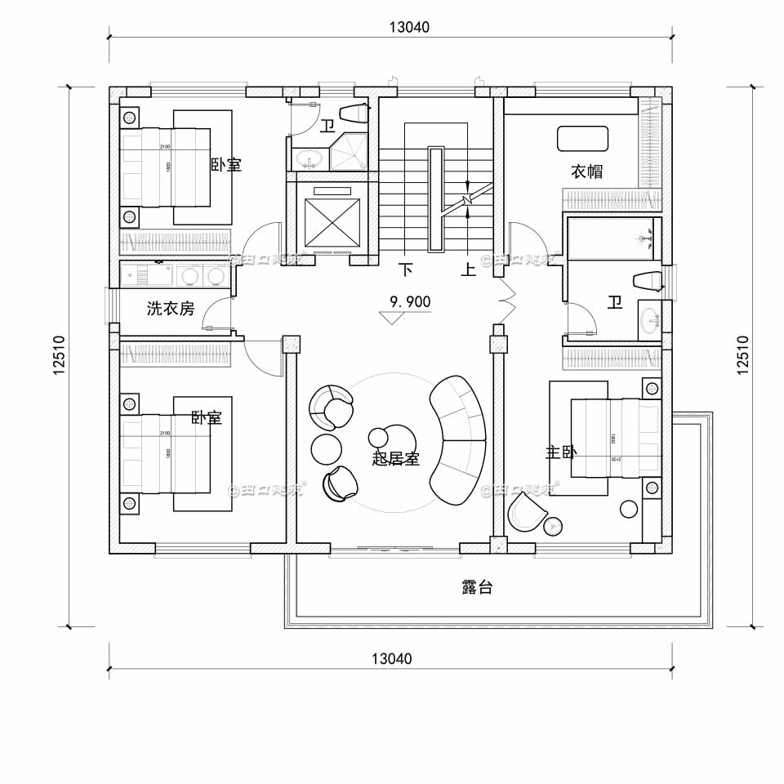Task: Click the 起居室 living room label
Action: point(395,458)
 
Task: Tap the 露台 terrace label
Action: point(477,587)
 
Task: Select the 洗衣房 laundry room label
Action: point(171,309)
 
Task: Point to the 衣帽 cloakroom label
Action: point(586,171)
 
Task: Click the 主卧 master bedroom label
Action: point(560,452)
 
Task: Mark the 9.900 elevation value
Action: point(410,302)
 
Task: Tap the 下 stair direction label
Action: point(405,269)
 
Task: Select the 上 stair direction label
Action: point(468,269)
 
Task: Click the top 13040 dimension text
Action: point(408,26)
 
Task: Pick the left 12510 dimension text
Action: point(59,355)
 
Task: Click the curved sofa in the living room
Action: point(459,439)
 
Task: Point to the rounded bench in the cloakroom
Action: point(582,138)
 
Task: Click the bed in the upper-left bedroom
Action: point(166,166)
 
